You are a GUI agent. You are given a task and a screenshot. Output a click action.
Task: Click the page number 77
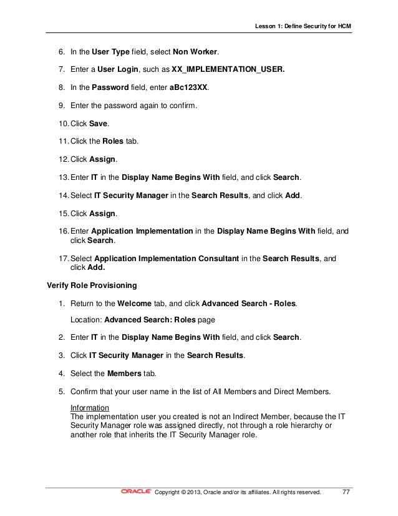(346, 492)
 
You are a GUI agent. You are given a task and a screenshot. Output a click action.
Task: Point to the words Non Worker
(200, 50)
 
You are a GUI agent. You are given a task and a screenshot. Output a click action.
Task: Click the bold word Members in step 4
(125, 374)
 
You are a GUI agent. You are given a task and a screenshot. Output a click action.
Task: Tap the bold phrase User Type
(110, 50)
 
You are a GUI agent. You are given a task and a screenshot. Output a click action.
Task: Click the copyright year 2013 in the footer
(200, 492)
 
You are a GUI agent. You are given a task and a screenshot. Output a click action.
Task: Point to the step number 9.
(61, 106)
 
